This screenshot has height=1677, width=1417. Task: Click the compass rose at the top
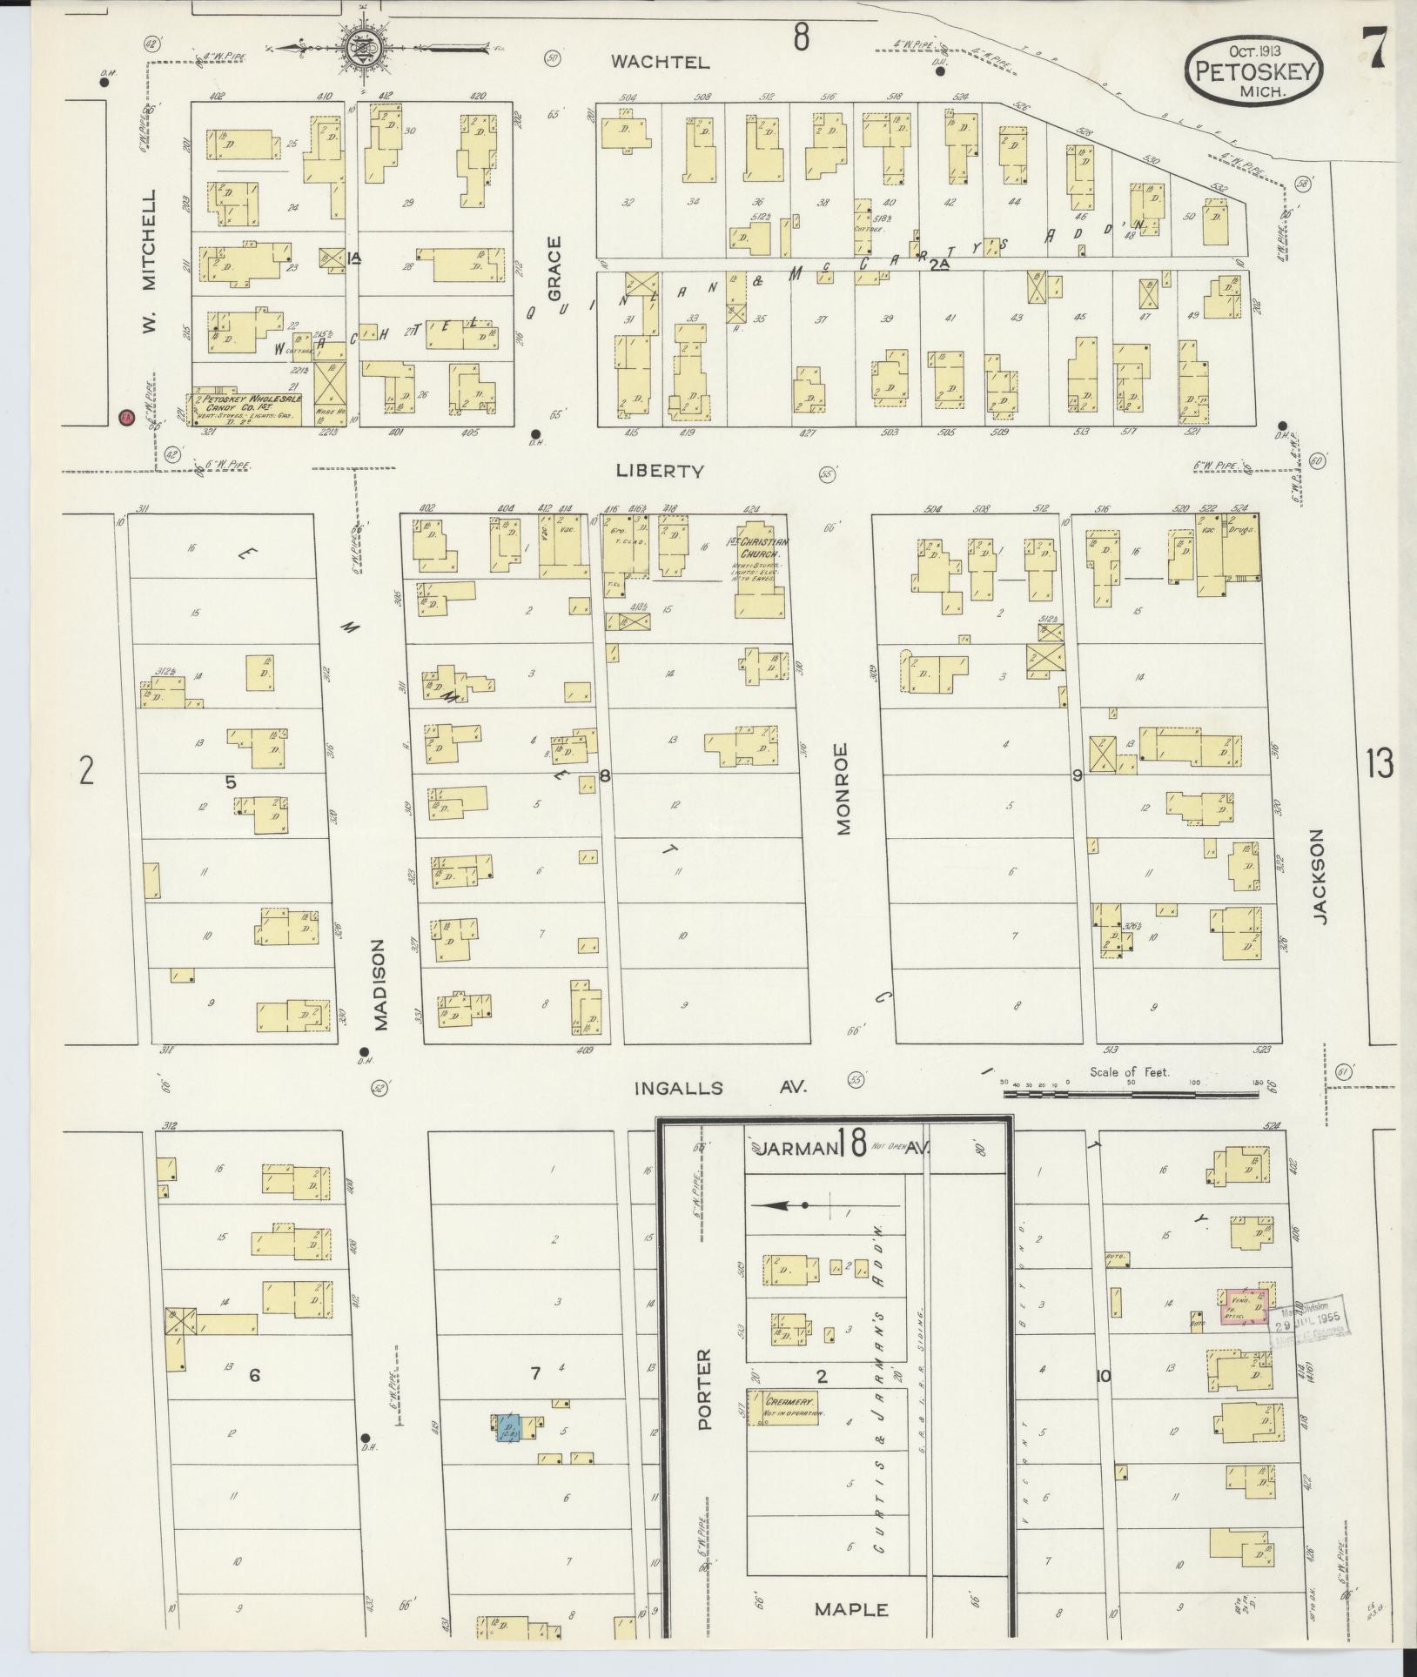359,50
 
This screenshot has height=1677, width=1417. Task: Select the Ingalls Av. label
719,1087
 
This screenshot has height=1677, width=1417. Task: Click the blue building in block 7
508,1427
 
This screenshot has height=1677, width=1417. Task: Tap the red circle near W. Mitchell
126,417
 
